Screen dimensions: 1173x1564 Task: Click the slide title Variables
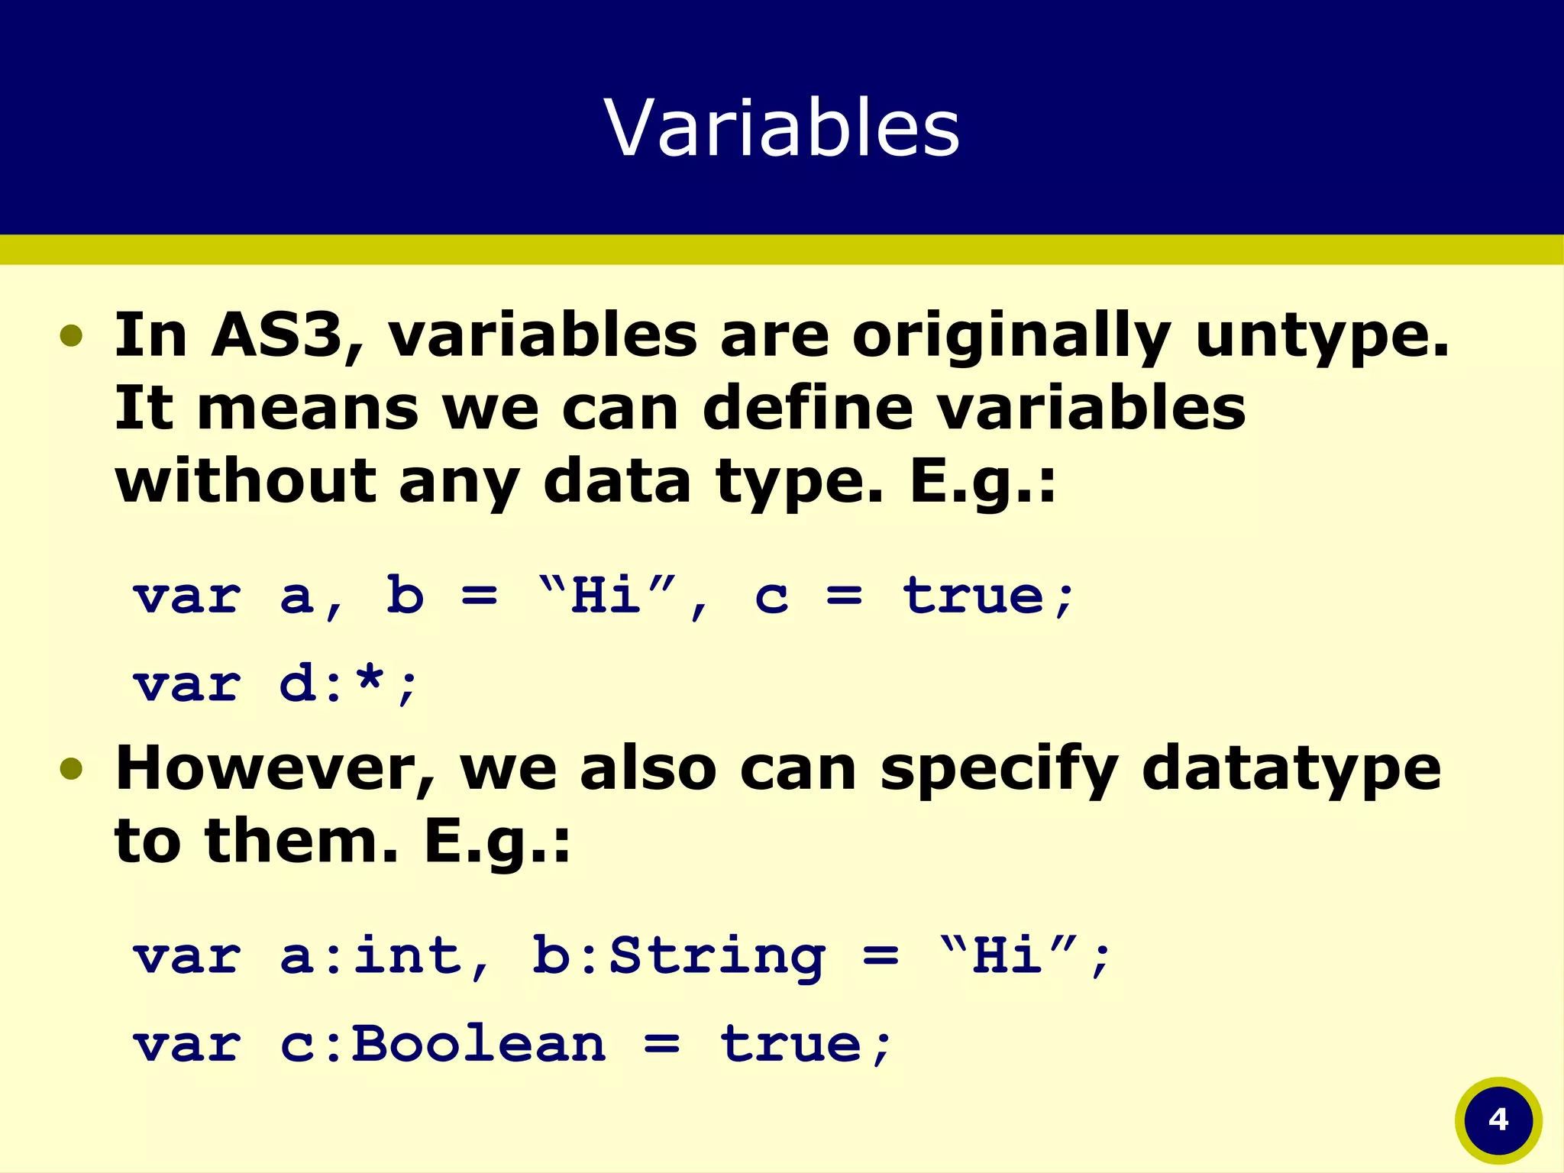781,128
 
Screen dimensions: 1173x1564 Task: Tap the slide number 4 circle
1498,1120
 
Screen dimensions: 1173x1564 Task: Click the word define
807,408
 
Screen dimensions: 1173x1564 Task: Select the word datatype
1291,770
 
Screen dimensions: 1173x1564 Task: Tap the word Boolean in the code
479,1044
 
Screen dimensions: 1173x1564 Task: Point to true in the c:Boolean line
790,1044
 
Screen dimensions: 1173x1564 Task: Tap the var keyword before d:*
187,684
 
